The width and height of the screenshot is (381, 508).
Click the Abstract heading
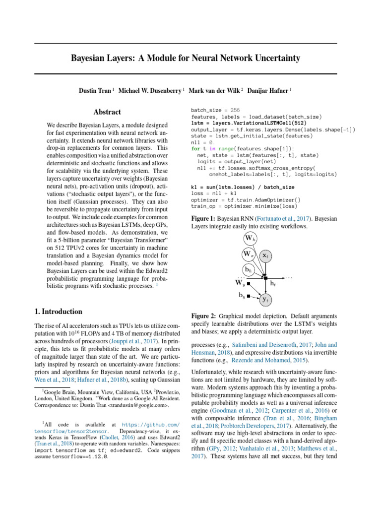[108, 112]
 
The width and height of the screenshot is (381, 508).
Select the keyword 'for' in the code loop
[195, 148]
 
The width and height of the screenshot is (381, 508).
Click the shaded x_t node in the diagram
[266, 255]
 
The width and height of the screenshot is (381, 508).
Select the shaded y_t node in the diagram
[266, 300]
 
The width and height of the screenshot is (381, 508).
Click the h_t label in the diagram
[273, 283]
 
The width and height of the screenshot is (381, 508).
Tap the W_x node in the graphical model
[249, 254]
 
